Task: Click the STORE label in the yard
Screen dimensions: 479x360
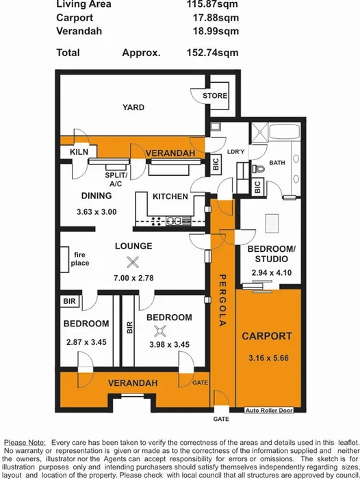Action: point(215,96)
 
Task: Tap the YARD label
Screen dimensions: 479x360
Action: point(133,107)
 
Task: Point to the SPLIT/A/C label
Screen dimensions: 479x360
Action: point(116,179)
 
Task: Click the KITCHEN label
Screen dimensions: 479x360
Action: point(170,197)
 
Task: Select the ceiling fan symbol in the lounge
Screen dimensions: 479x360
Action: point(132,261)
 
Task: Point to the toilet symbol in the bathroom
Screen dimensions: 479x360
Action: point(258,168)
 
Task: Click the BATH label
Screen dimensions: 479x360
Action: point(277,163)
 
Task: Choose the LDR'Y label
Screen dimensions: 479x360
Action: point(218,152)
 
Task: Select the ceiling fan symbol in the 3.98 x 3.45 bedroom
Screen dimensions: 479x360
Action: point(161,331)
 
